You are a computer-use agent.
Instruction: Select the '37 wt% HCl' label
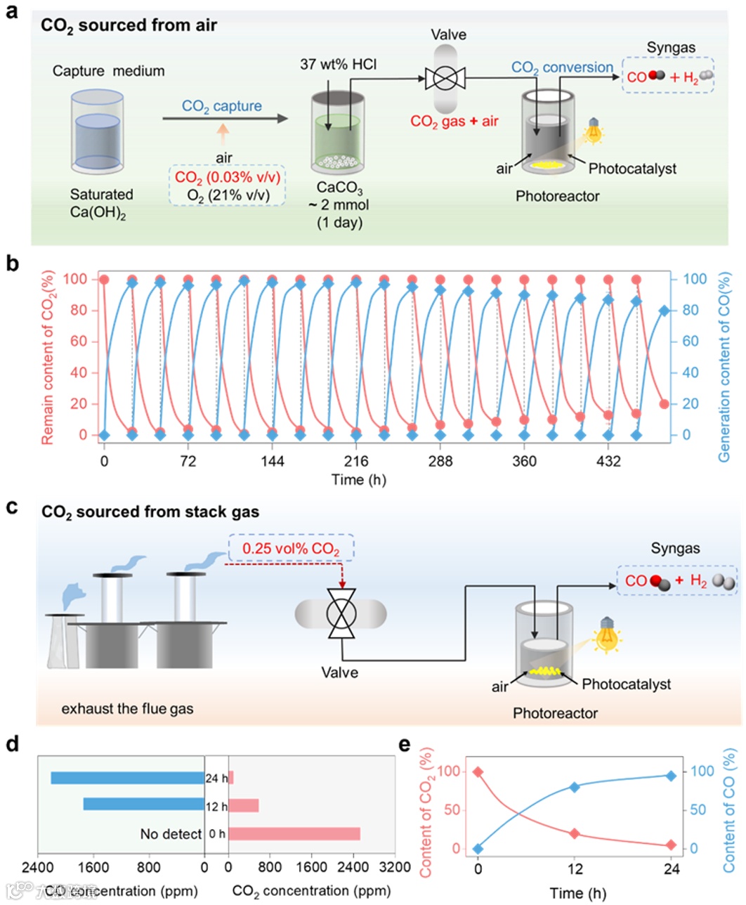pos(339,65)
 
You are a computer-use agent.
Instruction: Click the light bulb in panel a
pos(594,130)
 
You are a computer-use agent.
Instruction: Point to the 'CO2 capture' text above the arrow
pos(222,106)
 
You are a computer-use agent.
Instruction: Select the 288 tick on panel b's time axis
pos(440,462)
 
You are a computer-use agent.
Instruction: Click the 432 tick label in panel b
pos(608,462)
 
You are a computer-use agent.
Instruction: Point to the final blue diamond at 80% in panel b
pos(665,311)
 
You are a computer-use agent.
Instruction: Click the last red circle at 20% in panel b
pos(665,404)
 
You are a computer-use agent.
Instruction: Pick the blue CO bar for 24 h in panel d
pos(127,778)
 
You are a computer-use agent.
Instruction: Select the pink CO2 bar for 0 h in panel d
pos(294,834)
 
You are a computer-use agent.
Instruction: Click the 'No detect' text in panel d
pos(171,834)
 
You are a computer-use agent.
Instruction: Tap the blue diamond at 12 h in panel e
pos(575,787)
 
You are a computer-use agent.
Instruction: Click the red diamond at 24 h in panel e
pos(671,845)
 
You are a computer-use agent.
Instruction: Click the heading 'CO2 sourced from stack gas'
pos(150,512)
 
